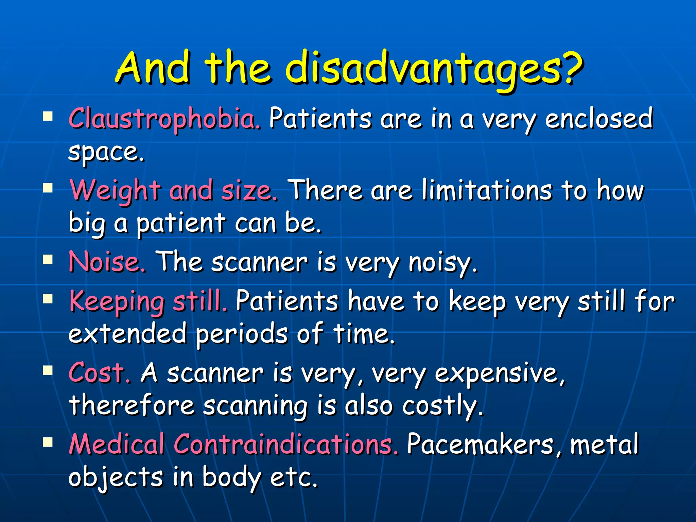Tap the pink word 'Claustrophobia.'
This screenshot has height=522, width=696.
click(165, 119)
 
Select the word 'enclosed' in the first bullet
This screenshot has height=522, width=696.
click(599, 119)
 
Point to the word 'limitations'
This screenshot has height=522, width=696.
click(487, 190)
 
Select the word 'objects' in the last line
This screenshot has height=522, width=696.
click(116, 477)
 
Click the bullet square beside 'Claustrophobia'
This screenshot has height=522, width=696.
click(48, 117)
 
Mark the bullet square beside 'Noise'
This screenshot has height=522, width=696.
click(48, 260)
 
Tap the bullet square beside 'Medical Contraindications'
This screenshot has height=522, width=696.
click(48, 442)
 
